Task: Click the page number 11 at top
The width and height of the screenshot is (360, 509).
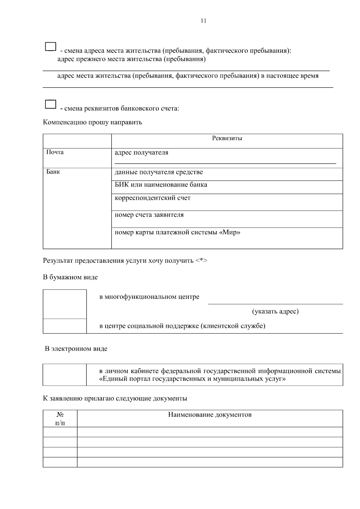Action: pos(203,21)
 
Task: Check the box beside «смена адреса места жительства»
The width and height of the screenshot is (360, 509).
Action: pos(51,46)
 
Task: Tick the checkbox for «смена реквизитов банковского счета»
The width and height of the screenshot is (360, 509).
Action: pos(51,104)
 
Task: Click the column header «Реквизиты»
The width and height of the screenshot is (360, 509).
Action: pos(227,138)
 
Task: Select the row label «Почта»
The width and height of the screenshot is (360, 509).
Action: pos(55,152)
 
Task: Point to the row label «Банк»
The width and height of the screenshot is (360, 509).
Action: pos(53,172)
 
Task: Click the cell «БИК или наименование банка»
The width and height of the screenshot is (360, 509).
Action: pos(161,185)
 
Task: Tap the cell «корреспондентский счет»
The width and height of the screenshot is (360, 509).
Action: pos(152,198)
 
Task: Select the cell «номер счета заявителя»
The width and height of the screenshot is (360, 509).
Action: pos(149,215)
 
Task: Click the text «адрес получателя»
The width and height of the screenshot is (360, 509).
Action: pos(141,153)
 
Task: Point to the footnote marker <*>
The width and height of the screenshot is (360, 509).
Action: pos(201,260)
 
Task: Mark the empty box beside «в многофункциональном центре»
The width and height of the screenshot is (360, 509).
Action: pos(65,304)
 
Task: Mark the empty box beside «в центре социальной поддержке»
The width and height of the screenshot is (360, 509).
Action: pos(65,326)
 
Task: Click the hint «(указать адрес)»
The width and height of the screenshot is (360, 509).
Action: pos(275,311)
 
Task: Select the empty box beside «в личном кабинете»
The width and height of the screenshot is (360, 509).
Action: pos(65,375)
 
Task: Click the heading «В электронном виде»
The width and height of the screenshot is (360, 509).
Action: pos(76,349)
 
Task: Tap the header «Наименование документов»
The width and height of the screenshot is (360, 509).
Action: pos(210,415)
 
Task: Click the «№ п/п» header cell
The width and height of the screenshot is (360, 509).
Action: pos(60,418)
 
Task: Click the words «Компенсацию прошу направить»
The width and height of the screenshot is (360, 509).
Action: pos(92,122)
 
